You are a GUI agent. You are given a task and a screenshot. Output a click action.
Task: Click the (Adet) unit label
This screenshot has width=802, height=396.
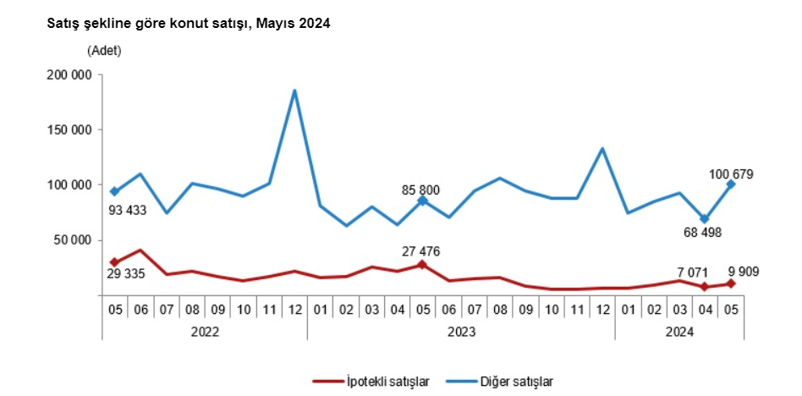pos(104,51)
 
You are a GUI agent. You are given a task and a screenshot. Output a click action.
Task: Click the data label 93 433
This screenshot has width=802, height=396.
pos(126,209)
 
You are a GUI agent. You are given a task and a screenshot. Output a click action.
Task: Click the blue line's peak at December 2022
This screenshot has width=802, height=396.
pos(294,91)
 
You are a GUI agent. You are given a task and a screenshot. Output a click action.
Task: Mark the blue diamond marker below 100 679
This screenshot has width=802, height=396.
pos(731,184)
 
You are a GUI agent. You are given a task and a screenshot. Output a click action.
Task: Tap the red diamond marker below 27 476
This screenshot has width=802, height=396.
pos(422,265)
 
